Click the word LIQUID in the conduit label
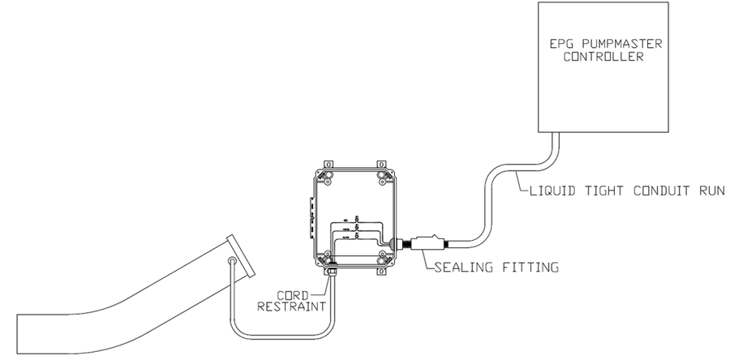tap(544, 191)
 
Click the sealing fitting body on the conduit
tap(425, 241)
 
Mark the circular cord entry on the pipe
tap(233, 262)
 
